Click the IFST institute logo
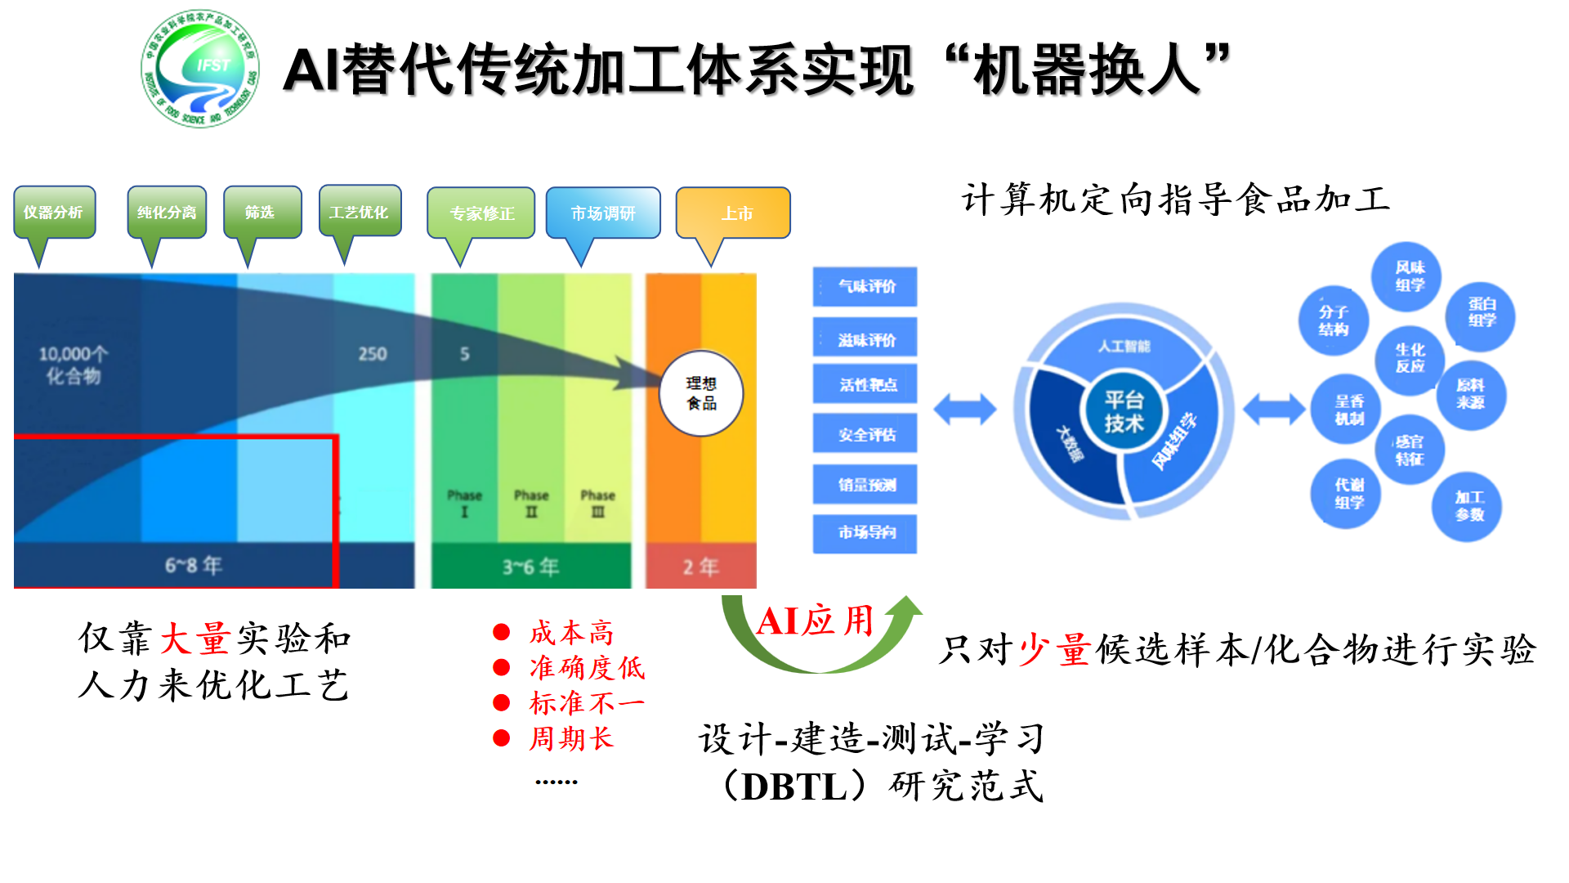click(x=200, y=69)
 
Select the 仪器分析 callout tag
click(x=54, y=213)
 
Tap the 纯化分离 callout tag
click(x=167, y=213)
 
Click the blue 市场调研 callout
click(x=603, y=213)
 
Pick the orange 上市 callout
click(x=733, y=213)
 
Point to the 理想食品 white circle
click(x=701, y=393)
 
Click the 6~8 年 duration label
click(x=194, y=565)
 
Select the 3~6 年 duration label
click(x=530, y=567)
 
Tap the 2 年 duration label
click(x=700, y=567)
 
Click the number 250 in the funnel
click(x=373, y=354)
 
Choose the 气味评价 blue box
click(x=865, y=287)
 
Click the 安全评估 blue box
click(x=865, y=434)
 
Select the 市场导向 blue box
click(x=865, y=533)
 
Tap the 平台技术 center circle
click(x=1124, y=411)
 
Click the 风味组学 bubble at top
click(x=1410, y=276)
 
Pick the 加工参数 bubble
click(x=1468, y=506)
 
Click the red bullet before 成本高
click(x=502, y=632)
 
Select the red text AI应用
click(x=815, y=621)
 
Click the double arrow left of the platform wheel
click(x=965, y=409)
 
